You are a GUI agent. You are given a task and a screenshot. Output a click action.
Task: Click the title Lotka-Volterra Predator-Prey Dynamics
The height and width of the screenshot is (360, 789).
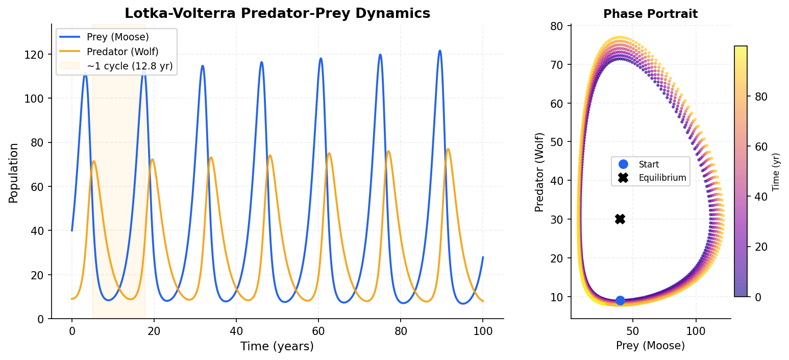pyautogui.click(x=277, y=14)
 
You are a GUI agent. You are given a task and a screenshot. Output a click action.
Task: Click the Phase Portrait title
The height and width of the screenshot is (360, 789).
pyautogui.click(x=650, y=14)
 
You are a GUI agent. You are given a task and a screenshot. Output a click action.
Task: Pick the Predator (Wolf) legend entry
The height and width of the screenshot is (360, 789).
pyautogui.click(x=122, y=52)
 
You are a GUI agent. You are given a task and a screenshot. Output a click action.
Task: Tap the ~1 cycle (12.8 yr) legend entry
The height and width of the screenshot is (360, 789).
pyautogui.click(x=130, y=66)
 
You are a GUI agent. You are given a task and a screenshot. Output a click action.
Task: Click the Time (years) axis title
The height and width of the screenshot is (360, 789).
pyautogui.click(x=277, y=346)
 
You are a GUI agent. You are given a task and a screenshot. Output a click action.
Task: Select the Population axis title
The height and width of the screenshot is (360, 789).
pyautogui.click(x=13, y=173)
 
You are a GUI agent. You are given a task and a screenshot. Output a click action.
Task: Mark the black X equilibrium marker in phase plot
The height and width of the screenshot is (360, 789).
pyautogui.click(x=620, y=219)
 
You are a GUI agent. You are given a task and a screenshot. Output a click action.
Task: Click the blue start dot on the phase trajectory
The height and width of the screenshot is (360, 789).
pyautogui.click(x=620, y=300)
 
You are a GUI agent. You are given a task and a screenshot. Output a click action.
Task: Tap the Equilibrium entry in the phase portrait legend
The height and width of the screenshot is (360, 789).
pyautogui.click(x=662, y=178)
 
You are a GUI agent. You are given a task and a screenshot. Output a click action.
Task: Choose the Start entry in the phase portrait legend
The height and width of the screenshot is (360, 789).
pyautogui.click(x=649, y=164)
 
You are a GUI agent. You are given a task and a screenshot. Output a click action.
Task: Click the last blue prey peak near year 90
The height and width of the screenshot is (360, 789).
pyautogui.click(x=440, y=51)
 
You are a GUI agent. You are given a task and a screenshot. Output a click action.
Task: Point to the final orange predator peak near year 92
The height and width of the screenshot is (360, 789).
pyautogui.click(x=448, y=149)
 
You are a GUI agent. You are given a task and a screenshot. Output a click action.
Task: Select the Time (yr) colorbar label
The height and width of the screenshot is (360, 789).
pyautogui.click(x=776, y=172)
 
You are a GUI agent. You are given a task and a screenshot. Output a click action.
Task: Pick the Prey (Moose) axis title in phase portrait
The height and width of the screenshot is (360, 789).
pyautogui.click(x=650, y=346)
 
